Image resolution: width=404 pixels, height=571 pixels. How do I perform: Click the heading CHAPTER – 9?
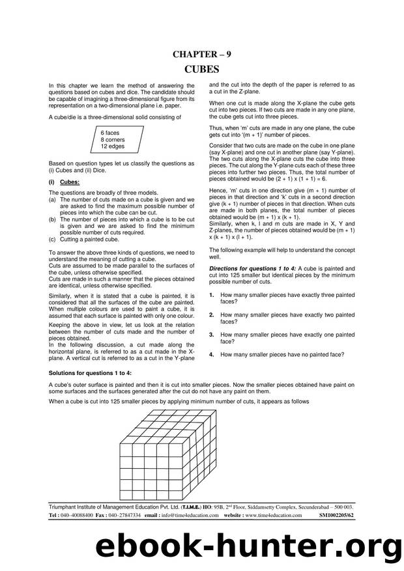pos(202,55)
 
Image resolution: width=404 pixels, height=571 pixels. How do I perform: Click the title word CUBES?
pos(202,69)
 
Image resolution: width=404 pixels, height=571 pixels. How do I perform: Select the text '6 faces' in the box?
pos(110,133)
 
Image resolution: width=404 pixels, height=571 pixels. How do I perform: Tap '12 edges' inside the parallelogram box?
pos(112,146)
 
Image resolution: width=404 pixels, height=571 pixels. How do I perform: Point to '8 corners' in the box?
pos(113,139)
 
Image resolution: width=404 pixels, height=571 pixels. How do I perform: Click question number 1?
pos(212,295)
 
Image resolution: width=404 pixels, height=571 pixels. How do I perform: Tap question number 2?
pos(212,314)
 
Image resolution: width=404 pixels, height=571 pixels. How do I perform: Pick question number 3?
pos(212,334)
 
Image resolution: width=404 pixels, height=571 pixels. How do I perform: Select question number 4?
pos(212,354)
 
